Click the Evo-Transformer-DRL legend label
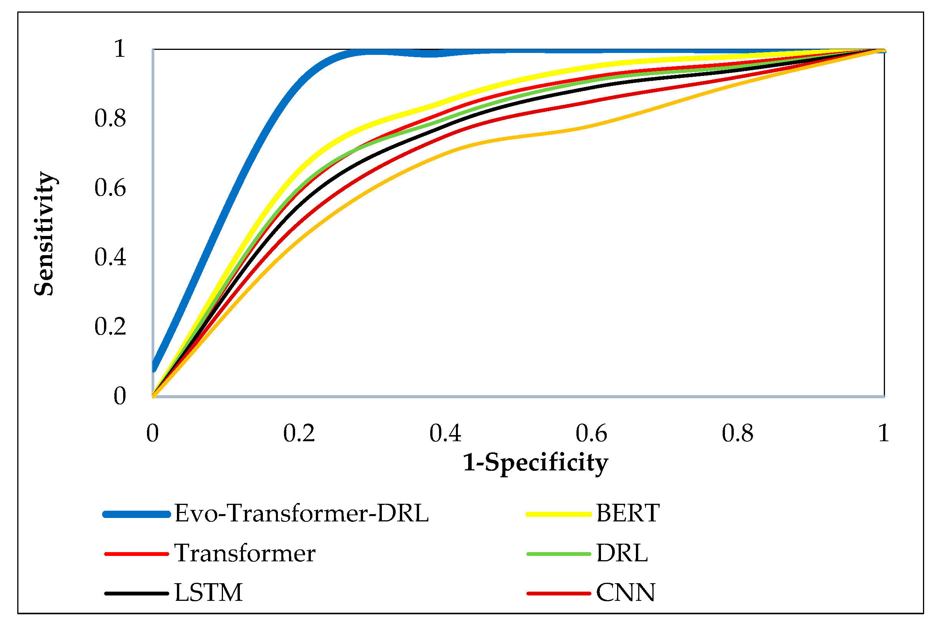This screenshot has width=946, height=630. (301, 513)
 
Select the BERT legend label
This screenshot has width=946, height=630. (627, 513)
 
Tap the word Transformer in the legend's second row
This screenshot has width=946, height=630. (244, 553)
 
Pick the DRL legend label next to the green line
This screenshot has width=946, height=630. (621, 553)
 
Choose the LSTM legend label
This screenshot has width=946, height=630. (208, 593)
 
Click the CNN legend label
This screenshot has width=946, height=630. (625, 593)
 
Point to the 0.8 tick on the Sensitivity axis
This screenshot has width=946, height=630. (110, 119)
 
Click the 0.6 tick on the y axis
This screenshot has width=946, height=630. (110, 188)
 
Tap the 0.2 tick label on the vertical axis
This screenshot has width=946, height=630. (110, 327)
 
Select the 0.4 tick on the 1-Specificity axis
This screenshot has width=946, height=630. (445, 434)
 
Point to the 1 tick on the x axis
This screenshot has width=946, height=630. (883, 434)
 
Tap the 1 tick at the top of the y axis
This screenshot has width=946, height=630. (119, 49)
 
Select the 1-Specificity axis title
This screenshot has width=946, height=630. (535, 463)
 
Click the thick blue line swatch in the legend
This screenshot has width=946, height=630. (137, 514)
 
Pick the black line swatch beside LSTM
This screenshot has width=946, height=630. (137, 594)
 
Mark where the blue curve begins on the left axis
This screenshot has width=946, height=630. (154, 366)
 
